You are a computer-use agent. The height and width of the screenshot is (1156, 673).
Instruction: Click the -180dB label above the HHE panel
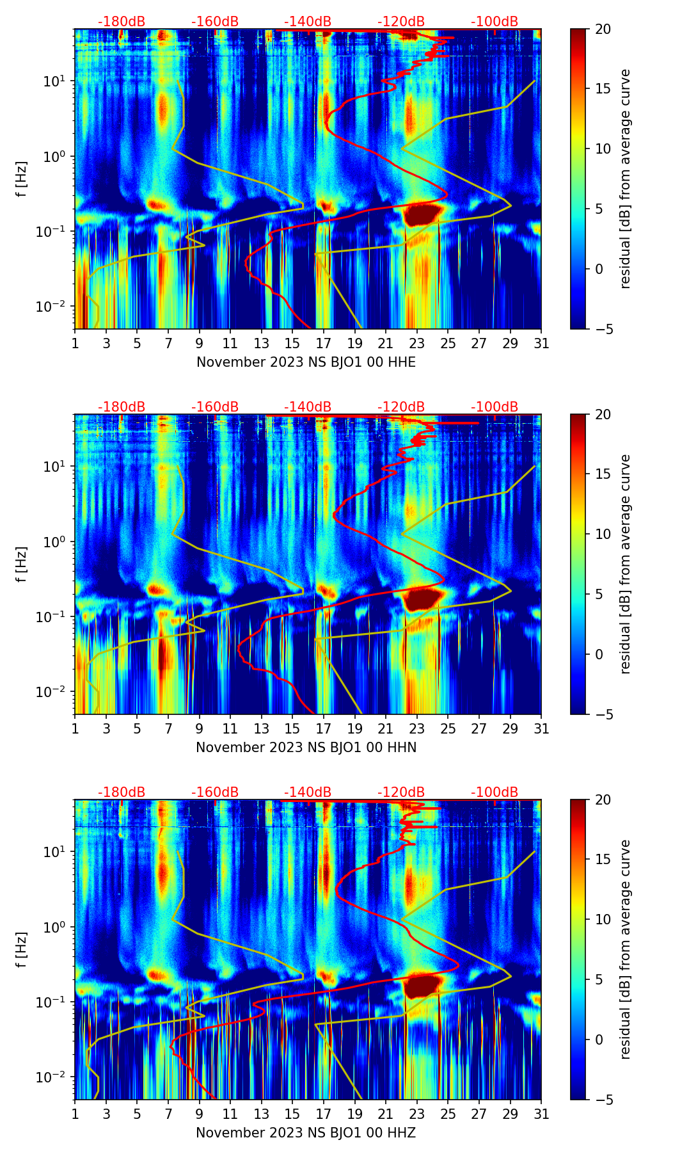[x=122, y=22]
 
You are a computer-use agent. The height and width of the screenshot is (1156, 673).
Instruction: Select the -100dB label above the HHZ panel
[x=495, y=792]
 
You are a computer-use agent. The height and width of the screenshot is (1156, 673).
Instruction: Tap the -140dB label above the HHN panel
[x=308, y=407]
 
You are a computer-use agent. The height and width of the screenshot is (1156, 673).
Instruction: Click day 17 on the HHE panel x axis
[x=324, y=342]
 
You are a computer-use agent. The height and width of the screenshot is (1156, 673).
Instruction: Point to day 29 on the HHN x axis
[x=511, y=728]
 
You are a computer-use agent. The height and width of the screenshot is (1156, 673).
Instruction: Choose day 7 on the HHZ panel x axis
[x=168, y=1113]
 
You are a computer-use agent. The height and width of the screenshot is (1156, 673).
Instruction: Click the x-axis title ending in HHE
[x=306, y=362]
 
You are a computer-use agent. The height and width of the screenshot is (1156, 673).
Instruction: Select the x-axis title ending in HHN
[x=306, y=748]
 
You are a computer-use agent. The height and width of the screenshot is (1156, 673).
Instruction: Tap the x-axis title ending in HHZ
[x=306, y=1133]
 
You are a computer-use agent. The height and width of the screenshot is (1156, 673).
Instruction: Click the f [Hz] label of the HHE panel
[x=22, y=179]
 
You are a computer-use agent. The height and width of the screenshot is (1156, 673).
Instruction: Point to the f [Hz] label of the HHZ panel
[x=22, y=949]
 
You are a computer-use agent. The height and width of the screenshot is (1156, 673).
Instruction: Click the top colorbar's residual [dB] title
[x=626, y=179]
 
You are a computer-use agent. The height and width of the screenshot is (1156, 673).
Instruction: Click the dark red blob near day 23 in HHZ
[x=422, y=984]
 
